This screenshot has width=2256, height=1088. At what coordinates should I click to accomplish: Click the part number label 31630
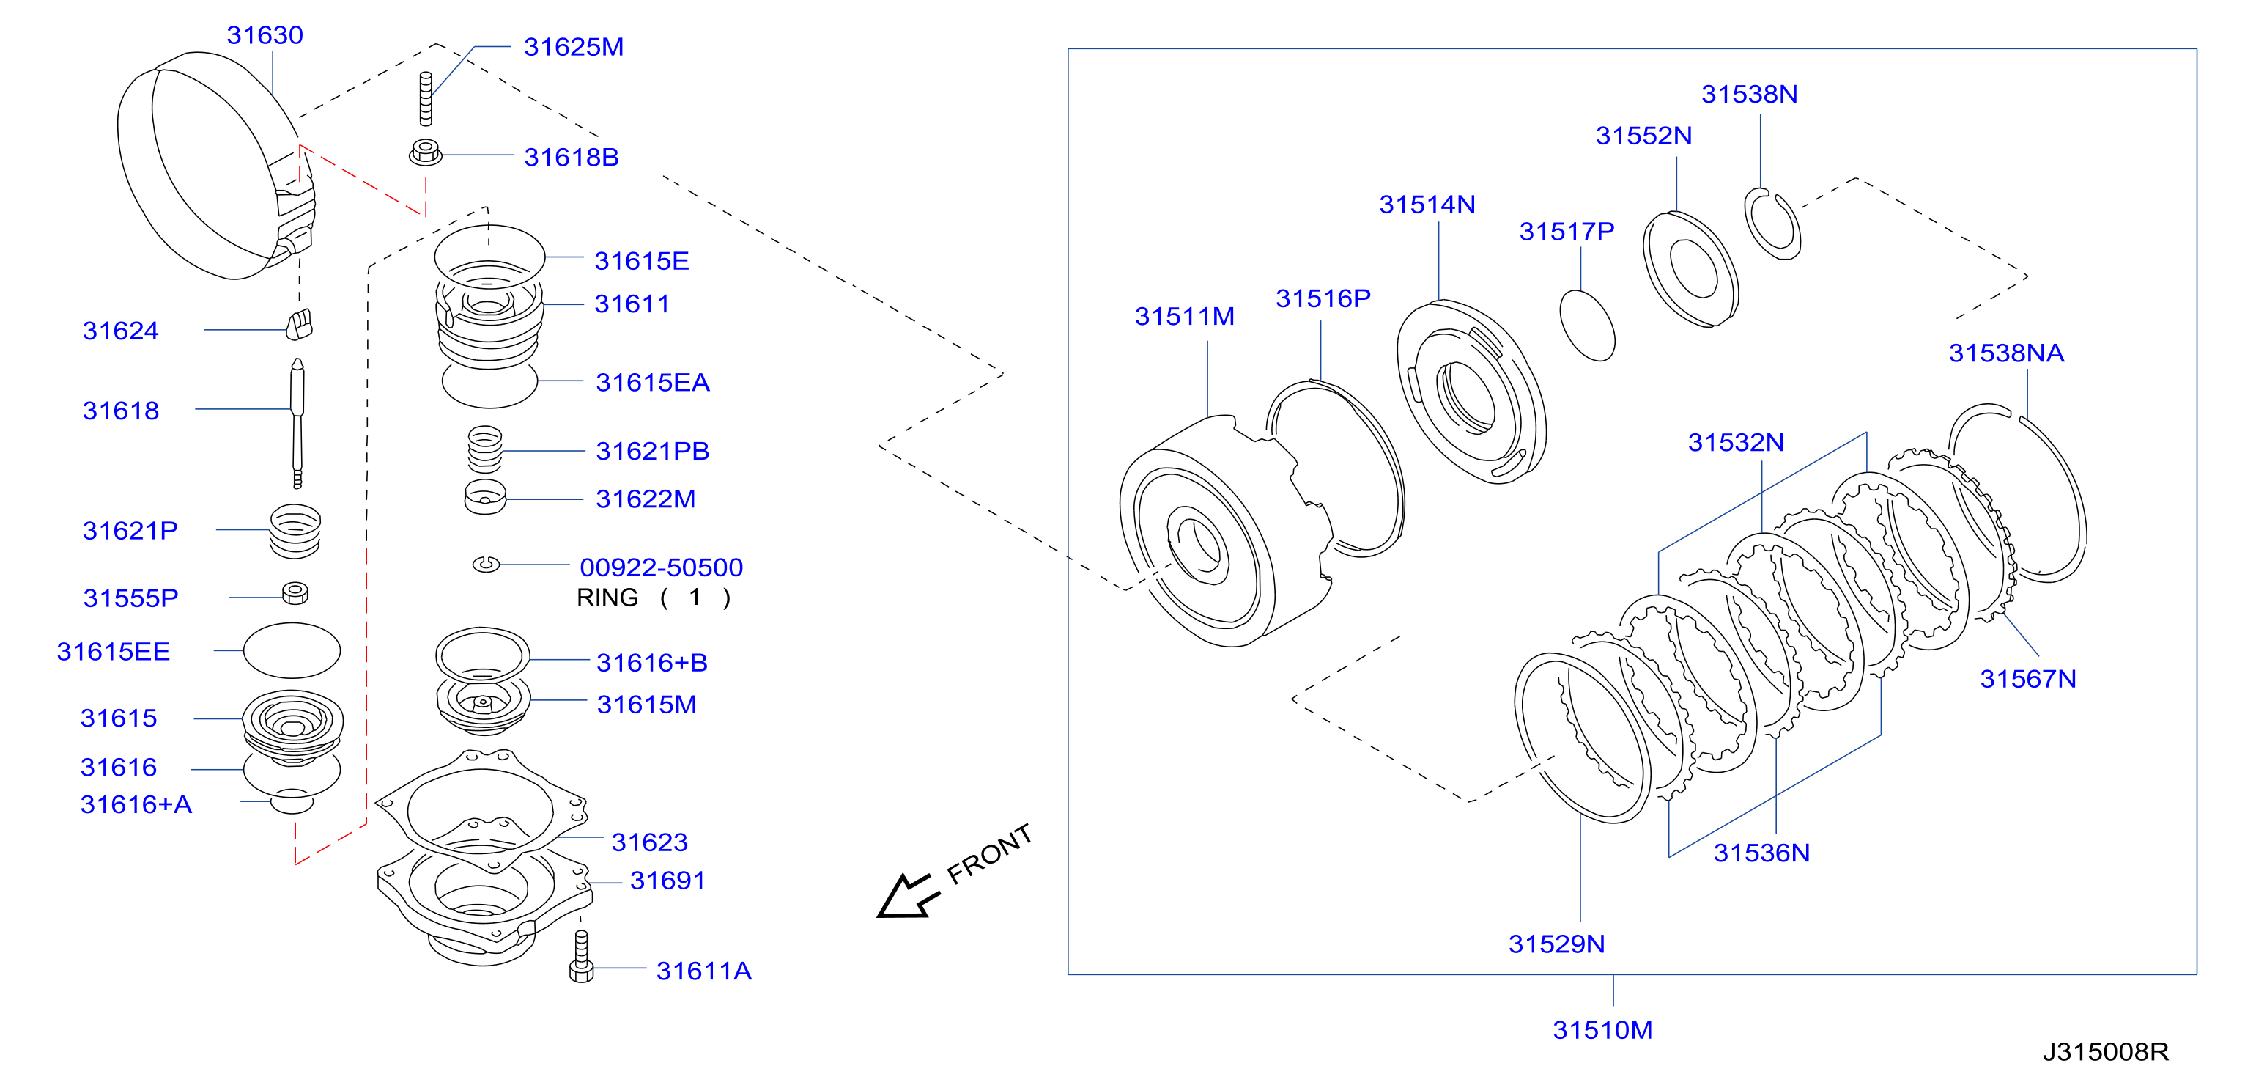[265, 35]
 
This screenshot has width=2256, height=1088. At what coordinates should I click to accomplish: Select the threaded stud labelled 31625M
[426, 98]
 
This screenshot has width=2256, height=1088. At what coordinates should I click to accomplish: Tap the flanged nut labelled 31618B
[426, 152]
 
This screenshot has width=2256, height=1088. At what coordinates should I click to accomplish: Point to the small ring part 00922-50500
[486, 564]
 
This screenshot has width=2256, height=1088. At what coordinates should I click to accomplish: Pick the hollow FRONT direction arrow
[907, 895]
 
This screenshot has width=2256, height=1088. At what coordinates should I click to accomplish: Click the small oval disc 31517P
[1587, 325]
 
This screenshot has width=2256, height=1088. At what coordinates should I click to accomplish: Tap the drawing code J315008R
[2104, 1051]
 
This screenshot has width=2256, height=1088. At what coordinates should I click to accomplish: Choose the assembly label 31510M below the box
[1602, 1029]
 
